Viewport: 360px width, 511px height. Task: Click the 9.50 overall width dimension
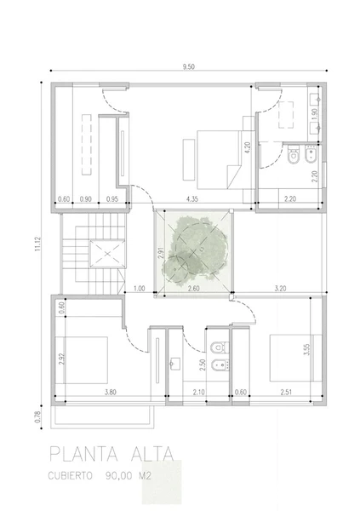pos(188,66)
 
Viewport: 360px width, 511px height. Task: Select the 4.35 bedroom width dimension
pos(192,198)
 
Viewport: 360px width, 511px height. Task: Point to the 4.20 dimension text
pos(248,147)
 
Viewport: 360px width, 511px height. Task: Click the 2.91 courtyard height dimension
pos(160,253)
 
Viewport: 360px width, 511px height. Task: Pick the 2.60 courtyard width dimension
pos(194,289)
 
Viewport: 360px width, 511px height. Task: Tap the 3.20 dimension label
pos(280,289)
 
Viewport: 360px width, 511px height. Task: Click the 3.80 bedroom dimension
pos(111,392)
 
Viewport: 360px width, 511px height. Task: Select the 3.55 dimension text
pos(306,350)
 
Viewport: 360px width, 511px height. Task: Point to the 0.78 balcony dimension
pos(37,416)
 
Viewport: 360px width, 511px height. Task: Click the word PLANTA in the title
pos(83,454)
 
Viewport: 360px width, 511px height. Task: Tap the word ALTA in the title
pos(151,454)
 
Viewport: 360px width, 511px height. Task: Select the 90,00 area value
pos(118,476)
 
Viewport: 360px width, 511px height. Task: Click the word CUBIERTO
pos(70,476)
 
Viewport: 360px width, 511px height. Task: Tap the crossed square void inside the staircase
pos(107,254)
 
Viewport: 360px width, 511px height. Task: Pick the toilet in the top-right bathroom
pos(294,155)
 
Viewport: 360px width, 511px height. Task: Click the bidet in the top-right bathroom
pos(311,155)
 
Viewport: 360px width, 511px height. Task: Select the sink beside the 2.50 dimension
pos(174,364)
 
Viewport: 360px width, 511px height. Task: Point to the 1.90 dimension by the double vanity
pos(314,114)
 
